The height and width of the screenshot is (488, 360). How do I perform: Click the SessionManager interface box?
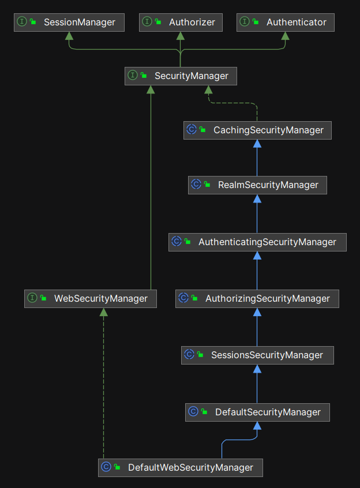pos(69,22)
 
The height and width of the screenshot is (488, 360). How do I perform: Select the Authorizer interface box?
pos(181,22)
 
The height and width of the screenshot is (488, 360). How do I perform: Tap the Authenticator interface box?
pos(285,22)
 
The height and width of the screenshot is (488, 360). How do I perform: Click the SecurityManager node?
pos(181,76)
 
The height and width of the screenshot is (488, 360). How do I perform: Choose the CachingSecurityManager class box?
pos(257,130)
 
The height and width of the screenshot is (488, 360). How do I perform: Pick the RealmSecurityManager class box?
pos(257,185)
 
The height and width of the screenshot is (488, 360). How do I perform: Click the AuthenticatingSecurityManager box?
pos(257,242)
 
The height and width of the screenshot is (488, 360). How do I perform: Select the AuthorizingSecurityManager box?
pos(257,298)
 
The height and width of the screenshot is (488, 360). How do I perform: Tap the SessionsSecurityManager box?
pos(257,355)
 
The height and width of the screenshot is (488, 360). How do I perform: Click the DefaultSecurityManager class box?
pos(257,412)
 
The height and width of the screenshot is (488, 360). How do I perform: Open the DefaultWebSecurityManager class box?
pos(180,467)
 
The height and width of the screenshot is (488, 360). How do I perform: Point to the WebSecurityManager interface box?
pos(90,298)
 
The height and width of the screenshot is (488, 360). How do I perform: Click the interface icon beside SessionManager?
pos(22,22)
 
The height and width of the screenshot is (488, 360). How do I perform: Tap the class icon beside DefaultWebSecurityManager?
pos(106,467)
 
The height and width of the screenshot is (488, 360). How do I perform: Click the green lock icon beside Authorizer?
pos(157,22)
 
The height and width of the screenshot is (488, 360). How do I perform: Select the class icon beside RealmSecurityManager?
pos(196,185)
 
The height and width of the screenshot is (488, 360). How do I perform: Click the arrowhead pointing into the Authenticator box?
pos(285,36)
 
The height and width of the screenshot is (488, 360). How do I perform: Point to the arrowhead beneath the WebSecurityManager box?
pos(103,313)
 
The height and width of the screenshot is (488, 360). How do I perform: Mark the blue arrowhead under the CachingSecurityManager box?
pos(257,143)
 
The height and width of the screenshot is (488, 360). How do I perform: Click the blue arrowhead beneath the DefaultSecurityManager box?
pos(257,426)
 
